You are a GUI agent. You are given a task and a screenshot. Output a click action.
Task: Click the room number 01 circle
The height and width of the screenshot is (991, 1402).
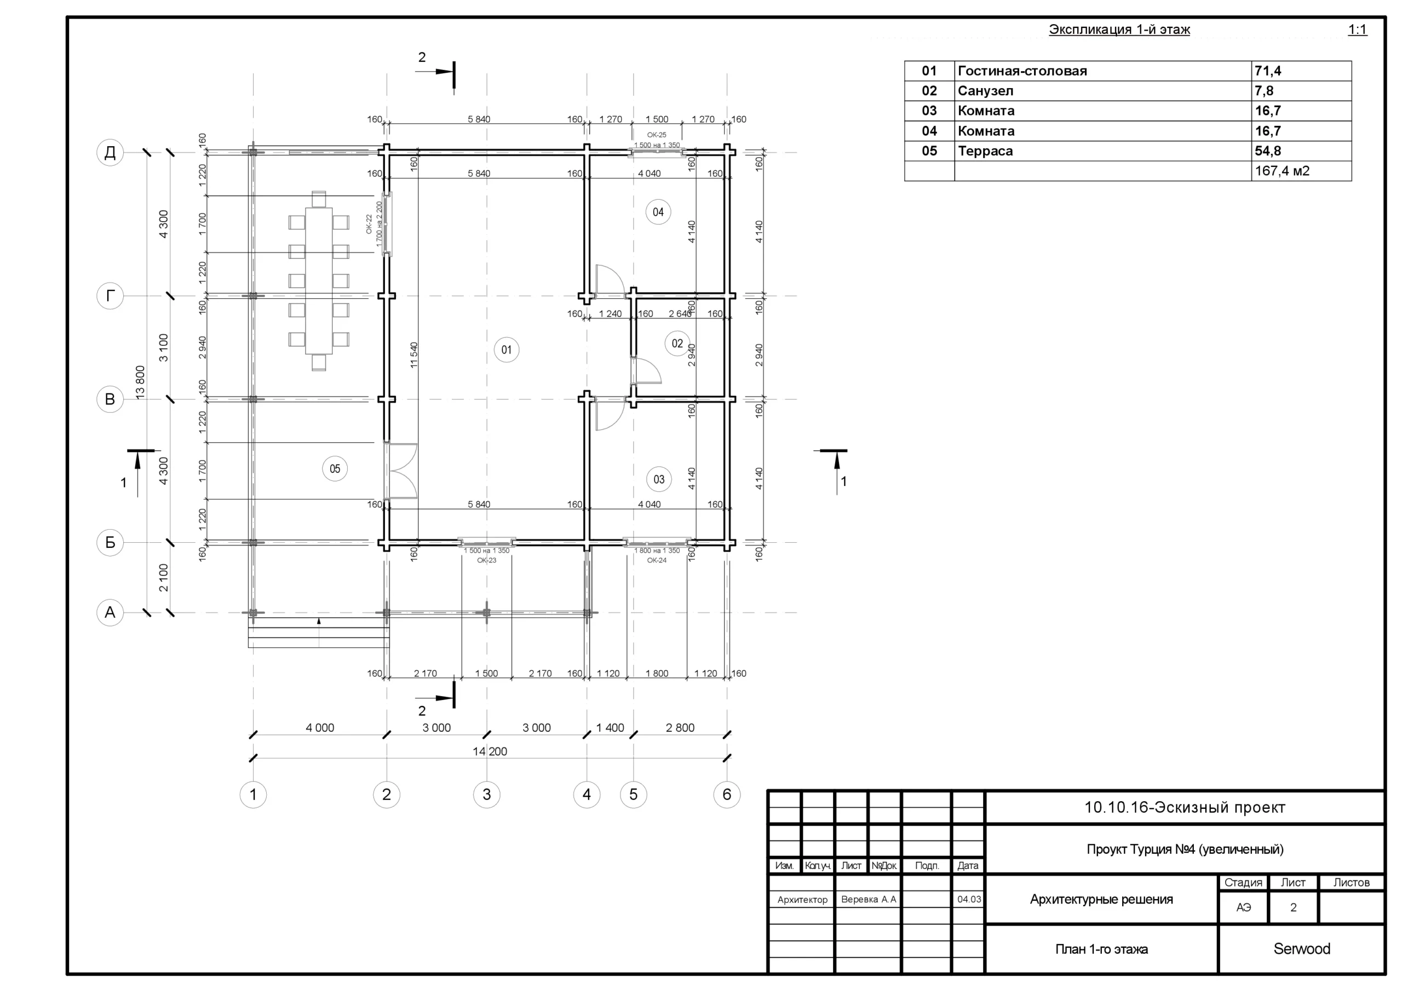coord(506,350)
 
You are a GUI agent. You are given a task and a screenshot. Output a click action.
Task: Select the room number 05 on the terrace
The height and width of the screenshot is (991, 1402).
coord(335,468)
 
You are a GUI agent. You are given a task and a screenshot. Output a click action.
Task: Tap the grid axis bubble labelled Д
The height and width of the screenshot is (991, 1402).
coord(110,152)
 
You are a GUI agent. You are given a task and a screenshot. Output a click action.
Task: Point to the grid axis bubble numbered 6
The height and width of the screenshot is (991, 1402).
coord(727,795)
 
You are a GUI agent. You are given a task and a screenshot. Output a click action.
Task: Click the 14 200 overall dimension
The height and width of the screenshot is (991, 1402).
coord(490,751)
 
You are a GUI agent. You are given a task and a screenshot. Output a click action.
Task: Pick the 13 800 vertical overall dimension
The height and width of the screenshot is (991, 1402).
coord(140,383)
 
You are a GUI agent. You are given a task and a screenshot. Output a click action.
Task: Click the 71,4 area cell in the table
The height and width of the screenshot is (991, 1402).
coord(1268,71)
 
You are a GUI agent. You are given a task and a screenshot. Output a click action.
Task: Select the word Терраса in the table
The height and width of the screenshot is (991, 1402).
coord(985,150)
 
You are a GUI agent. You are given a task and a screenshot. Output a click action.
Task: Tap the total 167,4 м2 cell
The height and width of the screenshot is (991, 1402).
coord(1282,171)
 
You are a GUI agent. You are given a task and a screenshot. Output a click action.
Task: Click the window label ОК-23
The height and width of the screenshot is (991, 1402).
coord(487,560)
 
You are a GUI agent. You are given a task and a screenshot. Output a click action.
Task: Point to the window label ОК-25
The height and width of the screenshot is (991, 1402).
coord(657,135)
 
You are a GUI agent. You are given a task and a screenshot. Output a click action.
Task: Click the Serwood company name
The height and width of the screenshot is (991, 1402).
coord(1301,949)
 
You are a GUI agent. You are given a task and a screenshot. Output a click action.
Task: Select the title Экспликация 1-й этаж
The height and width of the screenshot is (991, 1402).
coord(1119,30)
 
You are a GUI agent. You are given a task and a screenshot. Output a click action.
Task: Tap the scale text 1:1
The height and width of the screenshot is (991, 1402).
coord(1358,30)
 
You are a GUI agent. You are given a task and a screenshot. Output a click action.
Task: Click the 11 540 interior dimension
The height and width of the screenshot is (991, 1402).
coord(414,355)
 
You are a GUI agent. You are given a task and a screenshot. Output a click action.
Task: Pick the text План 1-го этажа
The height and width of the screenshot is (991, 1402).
coord(1101,949)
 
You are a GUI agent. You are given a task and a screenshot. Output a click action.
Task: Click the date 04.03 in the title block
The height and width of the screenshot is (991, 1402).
coord(969,900)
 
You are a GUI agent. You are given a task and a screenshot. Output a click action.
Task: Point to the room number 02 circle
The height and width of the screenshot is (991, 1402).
coord(677,344)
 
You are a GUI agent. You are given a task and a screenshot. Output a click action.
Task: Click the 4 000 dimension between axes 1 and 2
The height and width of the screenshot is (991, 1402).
coord(320,727)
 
